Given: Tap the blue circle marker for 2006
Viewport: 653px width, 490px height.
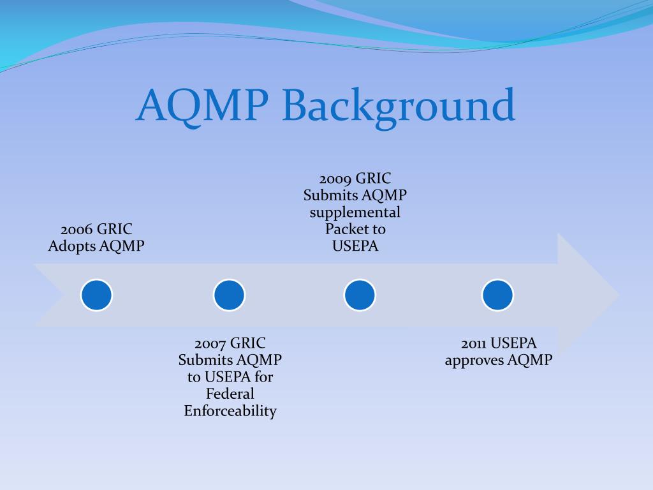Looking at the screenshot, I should pos(96,295).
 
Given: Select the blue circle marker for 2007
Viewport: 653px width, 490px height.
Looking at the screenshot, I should pos(230,295).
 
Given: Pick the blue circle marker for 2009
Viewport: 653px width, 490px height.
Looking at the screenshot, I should pos(360,295).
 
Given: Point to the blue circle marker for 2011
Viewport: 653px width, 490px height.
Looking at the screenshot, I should pos(497,295).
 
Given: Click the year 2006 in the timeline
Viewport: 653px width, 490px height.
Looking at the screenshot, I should pos(77,229).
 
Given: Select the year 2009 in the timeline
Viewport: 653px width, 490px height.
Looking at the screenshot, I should pos(335,179).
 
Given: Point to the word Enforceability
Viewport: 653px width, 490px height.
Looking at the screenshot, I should pos(230,411).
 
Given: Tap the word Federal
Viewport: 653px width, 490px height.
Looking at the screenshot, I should pos(230,394).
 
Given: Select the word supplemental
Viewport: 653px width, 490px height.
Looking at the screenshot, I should pos(355,212).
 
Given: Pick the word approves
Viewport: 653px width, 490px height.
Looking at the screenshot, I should pos(474,360).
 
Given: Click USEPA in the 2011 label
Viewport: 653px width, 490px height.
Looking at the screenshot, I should pos(514,343).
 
